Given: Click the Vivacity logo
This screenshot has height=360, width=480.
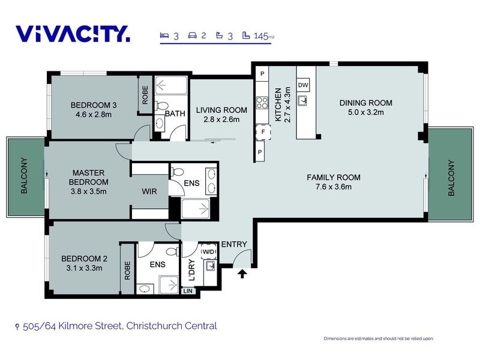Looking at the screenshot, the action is coord(73,34).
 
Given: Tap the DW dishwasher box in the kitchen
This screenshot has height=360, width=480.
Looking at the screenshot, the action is coord(303,85).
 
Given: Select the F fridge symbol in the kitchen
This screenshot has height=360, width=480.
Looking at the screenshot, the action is coord(263,132).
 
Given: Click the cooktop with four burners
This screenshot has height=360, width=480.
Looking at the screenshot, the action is coord(262,103).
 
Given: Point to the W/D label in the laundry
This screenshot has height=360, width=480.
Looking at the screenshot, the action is coord(209,252).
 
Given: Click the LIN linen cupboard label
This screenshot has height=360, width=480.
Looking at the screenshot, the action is coord(188,291).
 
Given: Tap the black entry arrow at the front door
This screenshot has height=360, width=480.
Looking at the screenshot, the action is coord(242,274).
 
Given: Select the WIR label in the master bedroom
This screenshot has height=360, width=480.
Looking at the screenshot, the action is coord(149,191).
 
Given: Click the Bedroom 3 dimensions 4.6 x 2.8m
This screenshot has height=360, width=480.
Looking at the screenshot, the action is coord(94,115).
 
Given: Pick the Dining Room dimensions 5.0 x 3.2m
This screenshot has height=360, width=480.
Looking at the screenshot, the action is coord(365,112).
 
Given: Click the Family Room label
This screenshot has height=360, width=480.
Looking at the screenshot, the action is coord(334,177).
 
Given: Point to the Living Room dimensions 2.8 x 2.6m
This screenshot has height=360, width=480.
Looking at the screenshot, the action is coord(221,119).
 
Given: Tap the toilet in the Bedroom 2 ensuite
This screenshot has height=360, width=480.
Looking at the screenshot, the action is coord(173,251).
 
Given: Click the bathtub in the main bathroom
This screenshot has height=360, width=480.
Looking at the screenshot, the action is coord(171,85).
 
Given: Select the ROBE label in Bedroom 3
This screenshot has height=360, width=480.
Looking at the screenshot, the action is coord(145,95).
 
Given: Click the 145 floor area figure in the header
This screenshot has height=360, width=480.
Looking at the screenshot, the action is coord(261,36).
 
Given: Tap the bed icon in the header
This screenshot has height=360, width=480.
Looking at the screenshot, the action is coord(164,35).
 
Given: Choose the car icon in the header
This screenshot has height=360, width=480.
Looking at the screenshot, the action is coord(193,35).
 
